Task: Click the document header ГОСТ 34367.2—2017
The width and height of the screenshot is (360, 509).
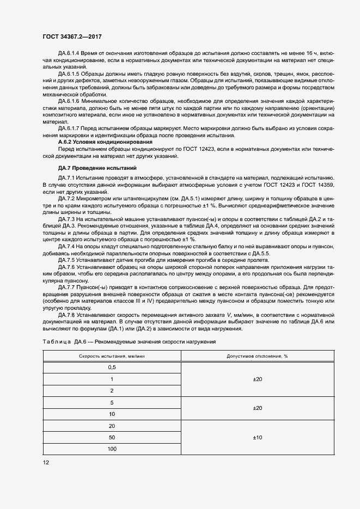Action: [x=72, y=36]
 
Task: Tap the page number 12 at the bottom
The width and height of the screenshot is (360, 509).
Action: [x=46, y=463]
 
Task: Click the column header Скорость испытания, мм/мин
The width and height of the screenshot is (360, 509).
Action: [x=112, y=355]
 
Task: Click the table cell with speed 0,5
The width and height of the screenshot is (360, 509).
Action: [x=112, y=367]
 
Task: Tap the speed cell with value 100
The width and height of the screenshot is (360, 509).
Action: [x=112, y=449]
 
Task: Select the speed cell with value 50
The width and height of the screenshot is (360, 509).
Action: [x=112, y=438]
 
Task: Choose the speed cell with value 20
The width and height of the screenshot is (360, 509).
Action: [x=112, y=426]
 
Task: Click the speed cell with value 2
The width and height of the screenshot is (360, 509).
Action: [x=112, y=391]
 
